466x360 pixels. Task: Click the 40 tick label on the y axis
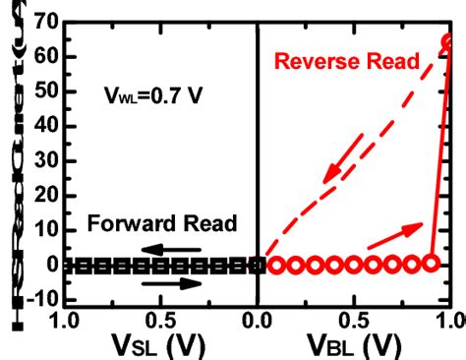coord(41,124)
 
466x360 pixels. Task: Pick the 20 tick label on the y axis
coord(41,194)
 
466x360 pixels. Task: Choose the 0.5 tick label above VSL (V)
coord(159,320)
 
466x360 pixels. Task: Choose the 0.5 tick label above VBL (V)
coord(355,320)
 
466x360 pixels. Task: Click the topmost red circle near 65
coord(448,42)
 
